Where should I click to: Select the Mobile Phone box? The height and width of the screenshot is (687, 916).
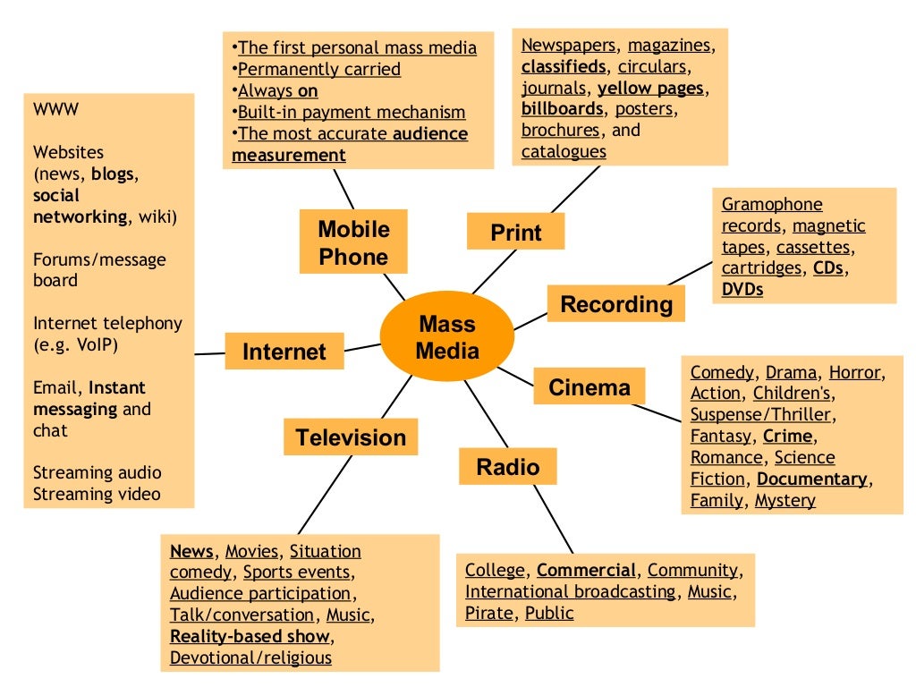click(x=353, y=242)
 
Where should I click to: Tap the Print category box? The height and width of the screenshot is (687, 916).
click(x=516, y=233)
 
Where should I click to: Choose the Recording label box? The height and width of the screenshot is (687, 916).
click(x=615, y=304)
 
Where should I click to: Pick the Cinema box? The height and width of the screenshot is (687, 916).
click(x=589, y=387)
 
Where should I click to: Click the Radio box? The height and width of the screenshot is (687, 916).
click(x=507, y=466)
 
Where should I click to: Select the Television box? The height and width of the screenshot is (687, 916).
click(x=351, y=437)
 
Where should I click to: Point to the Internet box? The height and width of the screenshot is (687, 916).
click(x=284, y=352)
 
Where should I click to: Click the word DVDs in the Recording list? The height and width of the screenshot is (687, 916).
click(x=742, y=289)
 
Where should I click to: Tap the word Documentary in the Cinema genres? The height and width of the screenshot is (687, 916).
click(x=812, y=479)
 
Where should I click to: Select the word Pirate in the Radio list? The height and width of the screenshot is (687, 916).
click(x=489, y=613)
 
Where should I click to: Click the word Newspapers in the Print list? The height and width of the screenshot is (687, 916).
click(x=569, y=45)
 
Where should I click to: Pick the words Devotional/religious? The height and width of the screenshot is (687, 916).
click(x=250, y=657)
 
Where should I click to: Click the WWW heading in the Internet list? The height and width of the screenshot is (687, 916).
click(x=55, y=109)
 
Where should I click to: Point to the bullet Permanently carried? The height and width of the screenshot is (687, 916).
click(x=318, y=69)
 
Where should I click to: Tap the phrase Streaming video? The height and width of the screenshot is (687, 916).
click(x=97, y=494)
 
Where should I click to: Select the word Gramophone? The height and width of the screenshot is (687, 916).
click(x=772, y=204)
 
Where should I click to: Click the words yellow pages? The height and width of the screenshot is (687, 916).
click(x=651, y=88)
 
